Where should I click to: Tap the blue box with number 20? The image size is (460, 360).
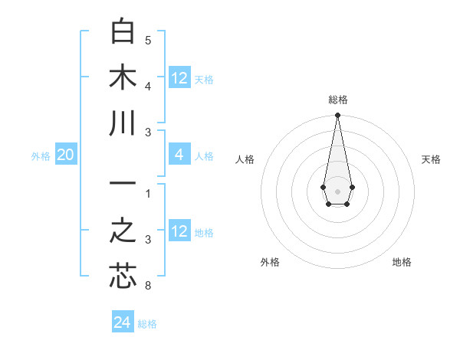point(65,155)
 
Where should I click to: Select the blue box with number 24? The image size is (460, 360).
point(123,322)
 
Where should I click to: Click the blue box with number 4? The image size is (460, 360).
point(179,155)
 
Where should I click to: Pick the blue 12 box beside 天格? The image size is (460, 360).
point(179,78)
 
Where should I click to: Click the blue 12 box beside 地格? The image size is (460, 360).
point(179,232)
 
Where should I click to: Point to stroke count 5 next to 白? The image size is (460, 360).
point(148,41)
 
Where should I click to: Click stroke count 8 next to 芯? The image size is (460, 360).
point(148,286)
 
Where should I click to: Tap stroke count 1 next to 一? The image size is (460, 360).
point(148,193)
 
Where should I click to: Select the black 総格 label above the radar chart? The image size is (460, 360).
point(337,100)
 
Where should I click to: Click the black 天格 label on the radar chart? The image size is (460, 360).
point(432,159)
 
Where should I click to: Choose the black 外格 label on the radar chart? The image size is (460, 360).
point(270,262)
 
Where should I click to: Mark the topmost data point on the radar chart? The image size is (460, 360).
point(337,116)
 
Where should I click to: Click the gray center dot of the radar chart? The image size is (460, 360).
point(337,190)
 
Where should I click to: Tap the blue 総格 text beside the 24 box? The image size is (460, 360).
point(147,324)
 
